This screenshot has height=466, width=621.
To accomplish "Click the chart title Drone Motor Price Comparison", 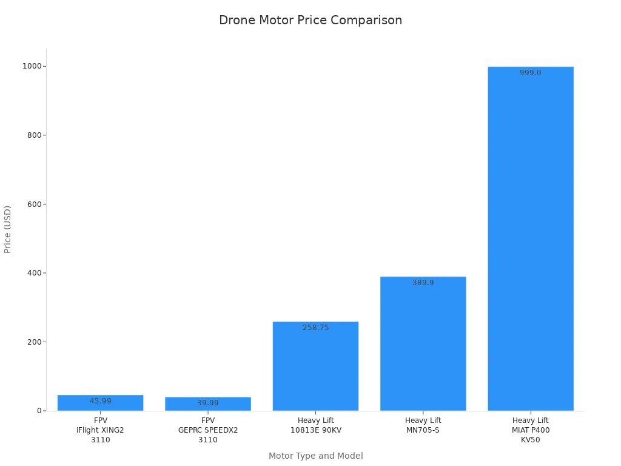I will click(310, 20).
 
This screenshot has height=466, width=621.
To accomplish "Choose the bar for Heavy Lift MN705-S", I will click(423, 346).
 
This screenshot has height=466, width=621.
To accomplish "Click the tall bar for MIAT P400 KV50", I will click(531, 243).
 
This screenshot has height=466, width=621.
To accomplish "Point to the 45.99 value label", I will click(101, 401).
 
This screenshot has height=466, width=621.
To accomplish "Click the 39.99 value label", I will click(208, 403).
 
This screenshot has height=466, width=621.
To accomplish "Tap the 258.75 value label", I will click(315, 328).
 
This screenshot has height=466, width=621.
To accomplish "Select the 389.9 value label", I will click(423, 283).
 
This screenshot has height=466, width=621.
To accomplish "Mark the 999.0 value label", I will click(531, 73).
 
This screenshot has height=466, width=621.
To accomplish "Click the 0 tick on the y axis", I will click(39, 411).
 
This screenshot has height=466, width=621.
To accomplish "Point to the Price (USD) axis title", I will click(8, 229).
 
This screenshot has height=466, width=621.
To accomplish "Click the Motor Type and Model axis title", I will click(315, 456).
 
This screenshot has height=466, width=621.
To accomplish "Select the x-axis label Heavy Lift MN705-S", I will click(423, 425).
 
